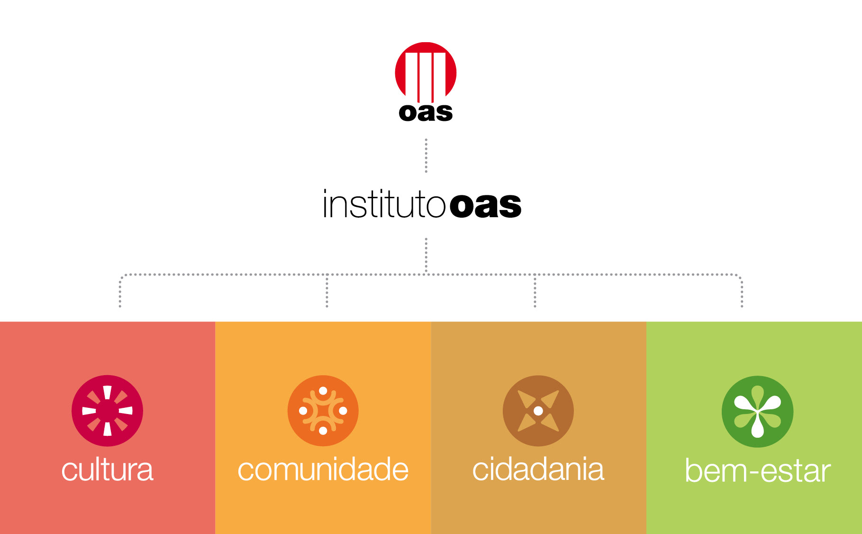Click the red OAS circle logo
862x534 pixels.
pyautogui.click(x=426, y=72)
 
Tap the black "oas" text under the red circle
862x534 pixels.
pyautogui.click(x=426, y=112)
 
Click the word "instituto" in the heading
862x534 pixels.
pyautogui.click(x=384, y=204)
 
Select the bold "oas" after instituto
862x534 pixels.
pyautogui.click(x=485, y=206)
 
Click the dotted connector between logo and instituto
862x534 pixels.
pyautogui.click(x=426, y=156)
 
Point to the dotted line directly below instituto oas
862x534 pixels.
pyautogui.click(x=426, y=256)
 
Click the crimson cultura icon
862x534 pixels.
pyautogui.click(x=108, y=411)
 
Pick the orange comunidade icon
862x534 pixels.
pyautogui.click(x=323, y=411)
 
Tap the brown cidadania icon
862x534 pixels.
pyautogui.click(x=538, y=411)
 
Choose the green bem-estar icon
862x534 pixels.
pyautogui.click(x=757, y=412)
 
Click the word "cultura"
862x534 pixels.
pyautogui.click(x=108, y=470)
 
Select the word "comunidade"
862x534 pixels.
pyautogui.click(x=323, y=470)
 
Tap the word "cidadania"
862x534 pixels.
pyautogui.click(x=538, y=470)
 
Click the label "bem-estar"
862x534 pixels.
pyautogui.click(x=758, y=471)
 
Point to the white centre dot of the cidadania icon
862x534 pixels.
pyautogui.click(x=538, y=411)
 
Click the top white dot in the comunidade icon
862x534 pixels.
pyautogui.click(x=323, y=391)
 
